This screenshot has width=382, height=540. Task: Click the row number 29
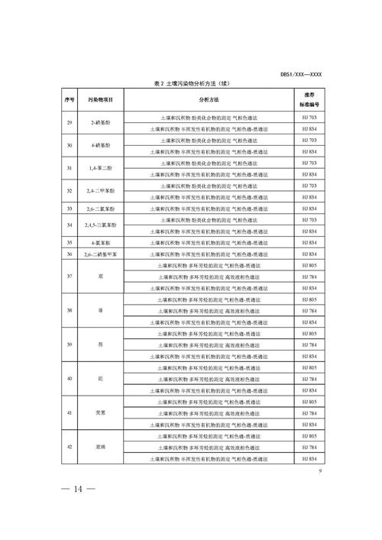tap(69, 124)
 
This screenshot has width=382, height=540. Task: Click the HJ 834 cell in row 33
tap(309, 209)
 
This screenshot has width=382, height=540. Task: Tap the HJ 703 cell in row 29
tap(309, 118)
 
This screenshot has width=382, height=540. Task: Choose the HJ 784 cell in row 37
tap(309, 276)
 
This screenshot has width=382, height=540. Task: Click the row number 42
tap(69, 446)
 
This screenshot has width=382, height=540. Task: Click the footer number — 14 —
tap(73, 490)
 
